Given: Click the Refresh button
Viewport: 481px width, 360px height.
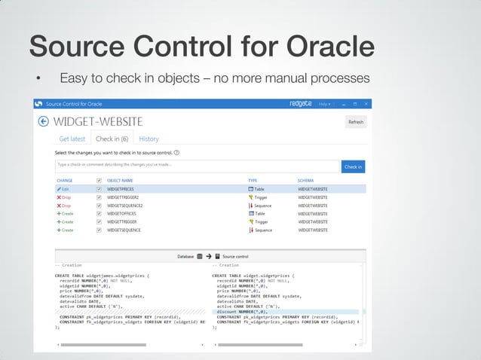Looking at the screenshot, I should [x=355, y=122].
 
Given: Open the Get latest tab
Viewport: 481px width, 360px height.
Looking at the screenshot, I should [x=73, y=139].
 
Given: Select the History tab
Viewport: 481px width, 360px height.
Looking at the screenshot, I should [x=149, y=139].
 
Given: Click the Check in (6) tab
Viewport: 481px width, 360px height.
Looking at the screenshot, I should [x=112, y=139].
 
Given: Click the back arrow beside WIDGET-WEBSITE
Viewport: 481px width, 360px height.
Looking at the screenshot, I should [x=43, y=121].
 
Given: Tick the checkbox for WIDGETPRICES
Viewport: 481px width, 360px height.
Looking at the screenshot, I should [x=100, y=189].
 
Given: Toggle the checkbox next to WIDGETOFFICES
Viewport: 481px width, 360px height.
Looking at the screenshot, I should [x=100, y=214].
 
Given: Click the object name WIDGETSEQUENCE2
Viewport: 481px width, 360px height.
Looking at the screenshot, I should [x=124, y=206].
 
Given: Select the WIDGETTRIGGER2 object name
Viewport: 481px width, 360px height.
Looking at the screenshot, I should [x=123, y=197].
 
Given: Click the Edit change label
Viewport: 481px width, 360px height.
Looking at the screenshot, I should [x=65, y=189].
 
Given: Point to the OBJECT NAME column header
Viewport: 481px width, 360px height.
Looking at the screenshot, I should [x=120, y=181].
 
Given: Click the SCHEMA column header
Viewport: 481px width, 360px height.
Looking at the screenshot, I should [x=306, y=181].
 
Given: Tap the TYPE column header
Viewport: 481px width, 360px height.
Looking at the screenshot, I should [x=253, y=181].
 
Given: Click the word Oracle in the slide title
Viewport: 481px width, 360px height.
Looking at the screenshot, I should [x=329, y=45].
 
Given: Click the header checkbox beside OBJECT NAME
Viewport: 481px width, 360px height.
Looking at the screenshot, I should [x=100, y=181].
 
